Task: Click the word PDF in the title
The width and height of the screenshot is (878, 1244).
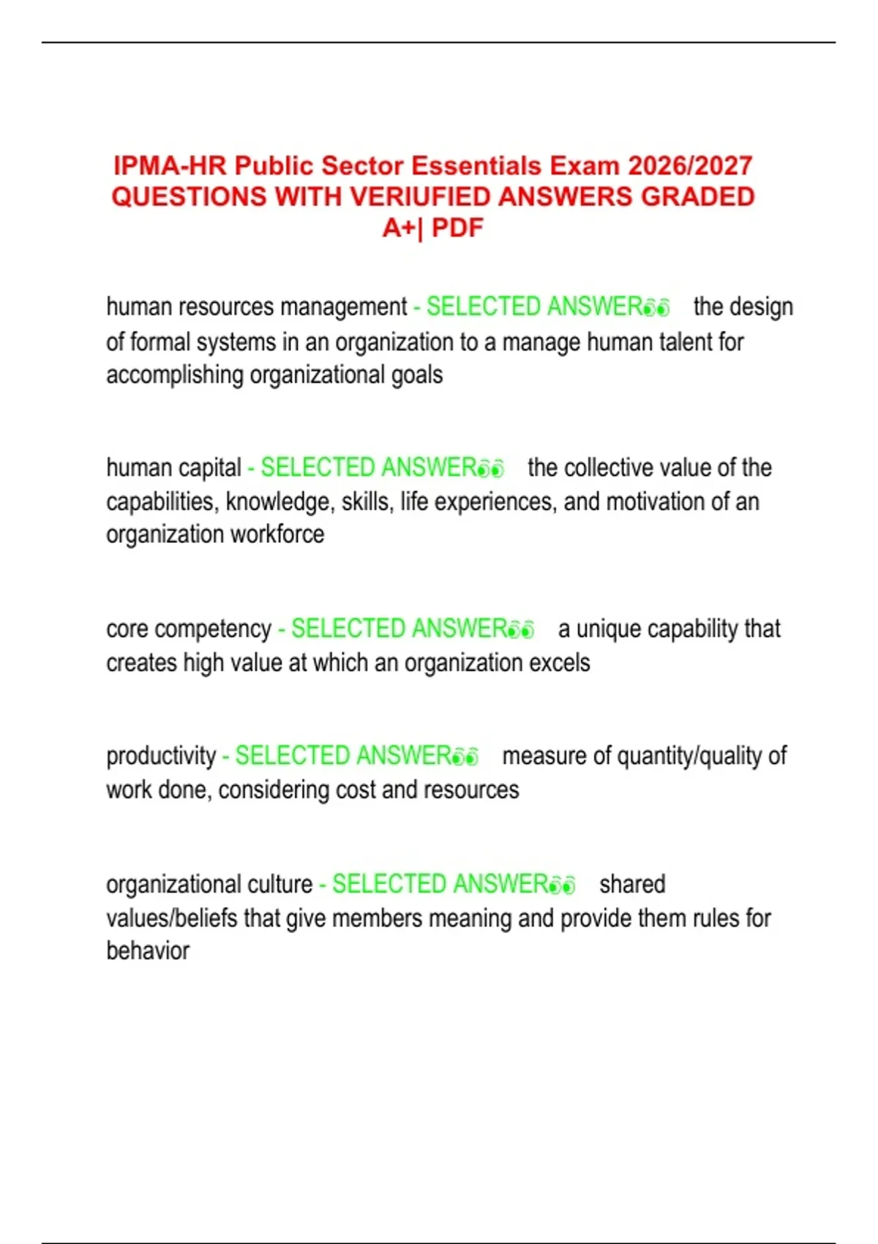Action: (x=457, y=228)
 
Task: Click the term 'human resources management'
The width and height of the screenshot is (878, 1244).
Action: (x=256, y=307)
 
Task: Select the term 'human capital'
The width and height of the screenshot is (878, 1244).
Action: (x=173, y=468)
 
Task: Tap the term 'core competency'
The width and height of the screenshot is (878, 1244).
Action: (x=189, y=629)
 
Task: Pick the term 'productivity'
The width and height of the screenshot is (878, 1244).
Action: (x=161, y=756)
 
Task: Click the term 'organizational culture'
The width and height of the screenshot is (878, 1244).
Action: (x=209, y=884)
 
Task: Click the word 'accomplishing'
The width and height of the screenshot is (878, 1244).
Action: (x=175, y=375)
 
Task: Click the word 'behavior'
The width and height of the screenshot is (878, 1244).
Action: (x=148, y=951)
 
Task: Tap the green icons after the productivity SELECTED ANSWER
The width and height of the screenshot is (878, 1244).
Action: (x=465, y=757)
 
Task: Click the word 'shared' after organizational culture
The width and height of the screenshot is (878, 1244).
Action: (x=632, y=884)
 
